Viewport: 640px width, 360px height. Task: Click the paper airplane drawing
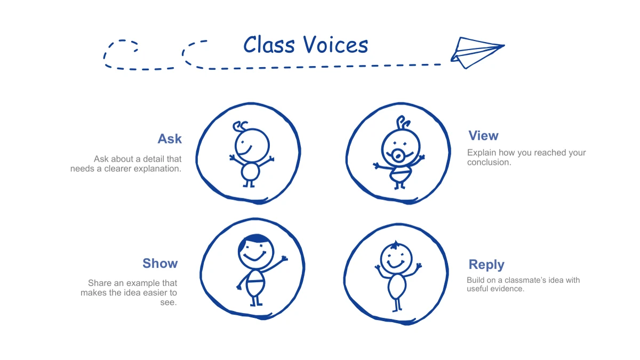pyautogui.click(x=477, y=53)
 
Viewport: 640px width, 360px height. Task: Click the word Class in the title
pyautogui.click(x=269, y=45)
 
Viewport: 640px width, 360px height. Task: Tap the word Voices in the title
pyautogui.click(x=335, y=45)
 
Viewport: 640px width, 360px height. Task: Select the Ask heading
pyautogui.click(x=170, y=139)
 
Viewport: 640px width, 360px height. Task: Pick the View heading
pyautogui.click(x=483, y=135)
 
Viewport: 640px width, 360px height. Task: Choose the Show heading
pyautogui.click(x=160, y=263)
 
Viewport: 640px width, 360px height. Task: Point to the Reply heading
pyautogui.click(x=486, y=265)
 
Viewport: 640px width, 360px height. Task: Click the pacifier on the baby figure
pyautogui.click(x=398, y=156)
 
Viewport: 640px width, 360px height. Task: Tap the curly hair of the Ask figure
pyautogui.click(x=240, y=126)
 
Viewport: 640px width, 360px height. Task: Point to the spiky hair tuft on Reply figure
pyautogui.click(x=395, y=245)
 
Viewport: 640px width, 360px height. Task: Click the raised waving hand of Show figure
pyautogui.click(x=284, y=259)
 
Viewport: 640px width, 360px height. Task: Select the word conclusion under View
pyautogui.click(x=489, y=162)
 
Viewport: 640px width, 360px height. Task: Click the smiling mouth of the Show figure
pyautogui.click(x=254, y=257)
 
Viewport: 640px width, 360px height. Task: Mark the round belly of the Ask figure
pyautogui.click(x=250, y=172)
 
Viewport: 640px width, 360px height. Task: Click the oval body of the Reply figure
pyautogui.click(x=397, y=286)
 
